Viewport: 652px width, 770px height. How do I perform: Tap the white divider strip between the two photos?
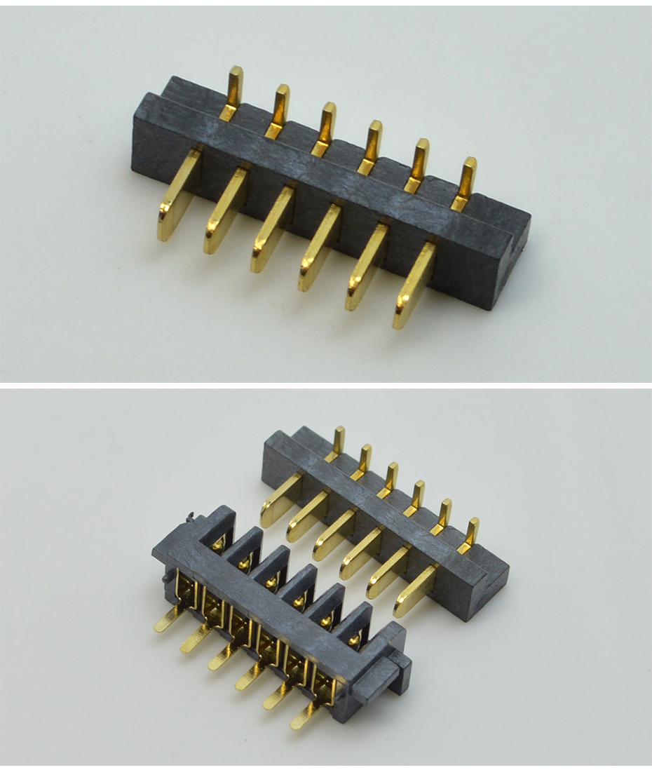[326, 384]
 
